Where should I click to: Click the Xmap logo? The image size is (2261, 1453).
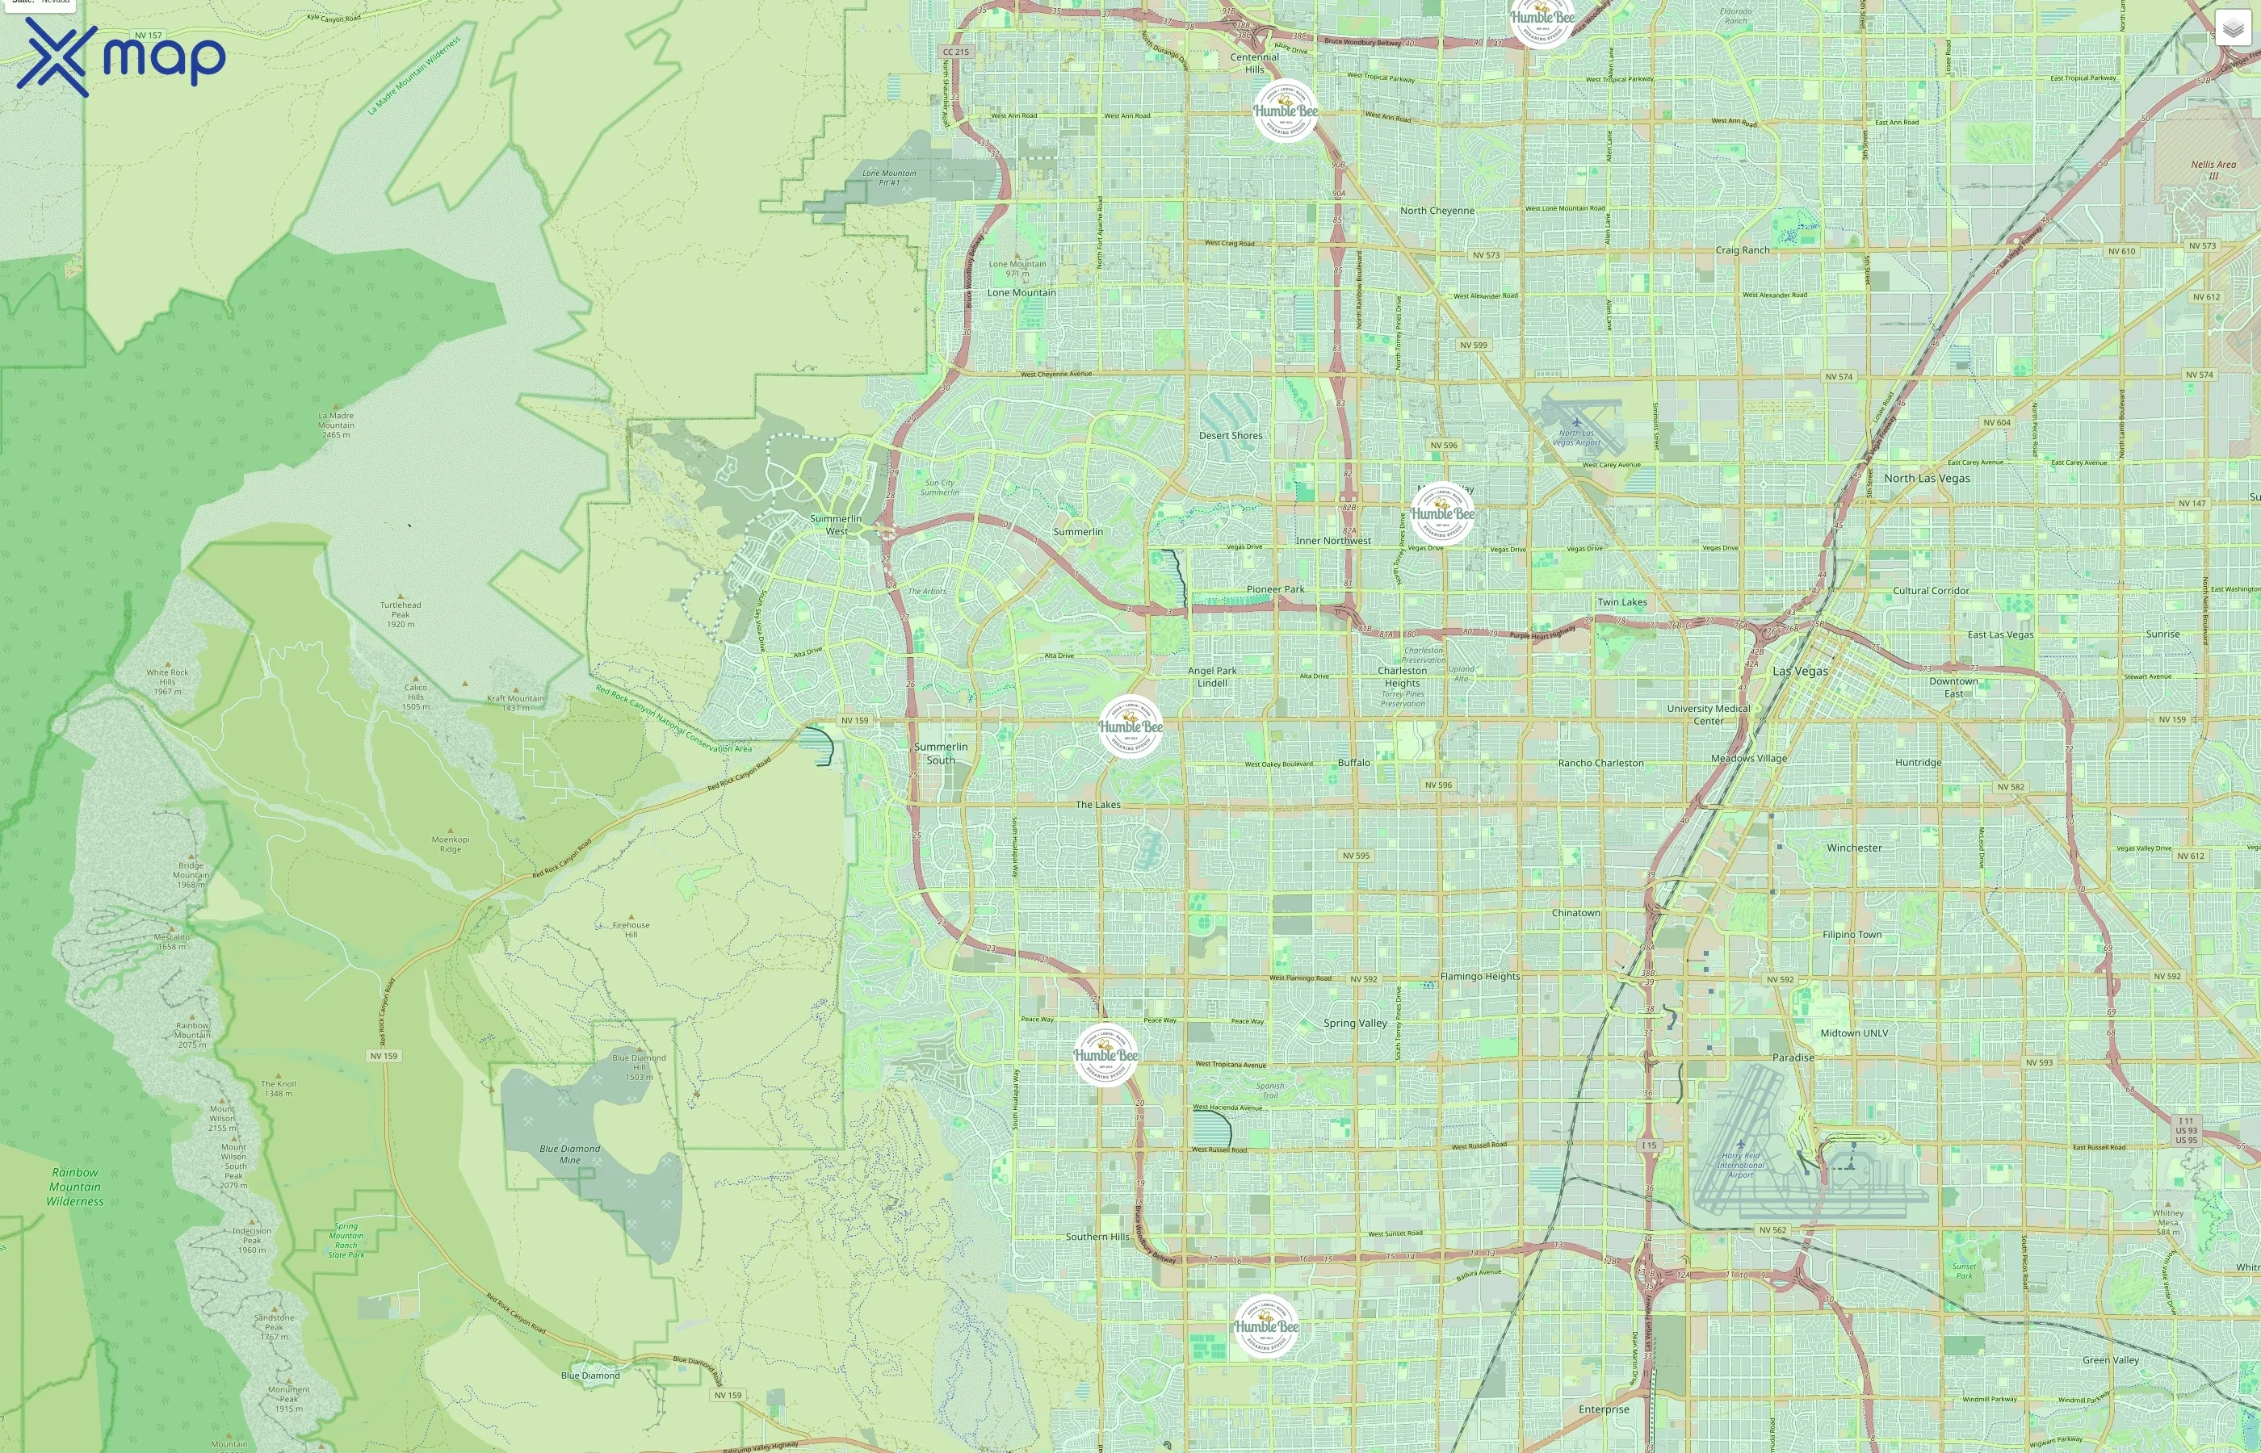coord(121,57)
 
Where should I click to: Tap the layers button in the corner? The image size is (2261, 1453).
coord(2232,28)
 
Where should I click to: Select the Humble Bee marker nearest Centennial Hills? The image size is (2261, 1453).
coord(1286,111)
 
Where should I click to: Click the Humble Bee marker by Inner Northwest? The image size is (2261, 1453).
coord(1442,513)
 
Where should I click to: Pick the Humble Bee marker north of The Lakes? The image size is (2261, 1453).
coord(1130,726)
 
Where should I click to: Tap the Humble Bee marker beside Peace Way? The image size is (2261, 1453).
coord(1105,1055)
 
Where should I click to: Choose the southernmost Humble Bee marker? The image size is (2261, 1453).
coord(1265,1325)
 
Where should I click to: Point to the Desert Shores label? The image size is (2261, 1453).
coord(1230,436)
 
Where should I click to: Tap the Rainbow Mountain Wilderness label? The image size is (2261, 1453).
coord(74,1187)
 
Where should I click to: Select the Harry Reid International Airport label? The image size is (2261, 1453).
coord(1740,1164)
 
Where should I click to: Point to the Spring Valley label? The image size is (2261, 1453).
coord(1354,1024)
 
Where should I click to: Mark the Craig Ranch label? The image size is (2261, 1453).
coord(1742,250)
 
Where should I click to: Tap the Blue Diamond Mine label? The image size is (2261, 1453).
coord(569,1154)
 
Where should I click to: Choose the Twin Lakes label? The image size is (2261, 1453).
coord(1621,602)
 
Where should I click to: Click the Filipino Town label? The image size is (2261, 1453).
coord(1852,935)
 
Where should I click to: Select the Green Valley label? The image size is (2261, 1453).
coord(2110,1359)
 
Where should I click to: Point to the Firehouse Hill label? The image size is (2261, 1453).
coord(631,929)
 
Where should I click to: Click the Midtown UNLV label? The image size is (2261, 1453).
coord(1853,1033)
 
